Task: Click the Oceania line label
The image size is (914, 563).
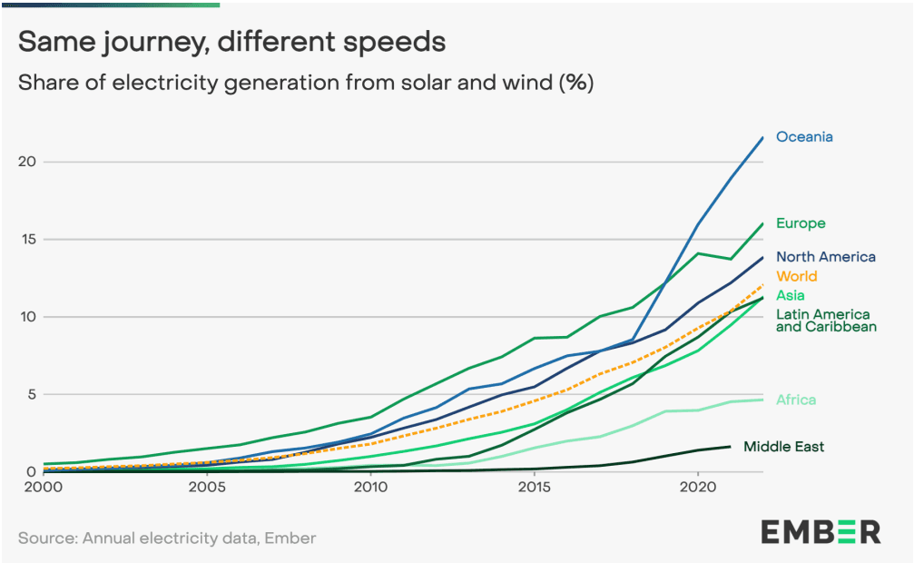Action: coord(804,137)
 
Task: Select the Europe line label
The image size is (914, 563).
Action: coord(801,223)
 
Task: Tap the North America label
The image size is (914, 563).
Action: coord(825,257)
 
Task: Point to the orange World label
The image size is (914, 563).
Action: coord(796,276)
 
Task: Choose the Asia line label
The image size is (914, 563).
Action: coord(790,295)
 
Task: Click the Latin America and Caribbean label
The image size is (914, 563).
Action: coord(825,321)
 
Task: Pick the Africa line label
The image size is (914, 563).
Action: coord(795,400)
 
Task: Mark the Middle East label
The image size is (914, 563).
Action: coord(783,446)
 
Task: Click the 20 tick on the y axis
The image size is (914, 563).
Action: coord(26,162)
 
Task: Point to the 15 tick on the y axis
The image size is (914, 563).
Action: coord(26,240)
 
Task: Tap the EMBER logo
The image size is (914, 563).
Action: coord(820,532)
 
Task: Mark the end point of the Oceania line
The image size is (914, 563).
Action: coord(762,137)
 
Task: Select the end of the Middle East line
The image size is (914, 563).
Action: coord(730,446)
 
